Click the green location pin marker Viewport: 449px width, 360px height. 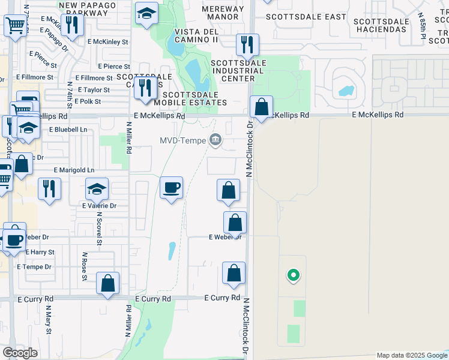pos(293,275)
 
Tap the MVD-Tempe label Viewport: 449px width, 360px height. pos(182,140)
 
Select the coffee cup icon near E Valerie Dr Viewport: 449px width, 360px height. pos(171,188)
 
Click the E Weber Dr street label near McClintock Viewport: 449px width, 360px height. pos(224,237)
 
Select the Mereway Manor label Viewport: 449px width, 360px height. pos(223,14)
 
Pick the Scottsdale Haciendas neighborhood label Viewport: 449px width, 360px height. pos(381,25)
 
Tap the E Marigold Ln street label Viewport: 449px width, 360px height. pos(74,170)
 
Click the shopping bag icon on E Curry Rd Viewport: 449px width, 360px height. pos(107,283)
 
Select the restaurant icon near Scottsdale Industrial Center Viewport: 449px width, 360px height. pos(247,44)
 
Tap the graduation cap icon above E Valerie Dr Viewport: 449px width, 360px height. pos(97,190)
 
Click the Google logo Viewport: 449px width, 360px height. pos(20,353)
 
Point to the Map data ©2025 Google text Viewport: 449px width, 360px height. pos(412,355)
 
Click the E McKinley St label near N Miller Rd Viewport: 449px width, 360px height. pos(108,42)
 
